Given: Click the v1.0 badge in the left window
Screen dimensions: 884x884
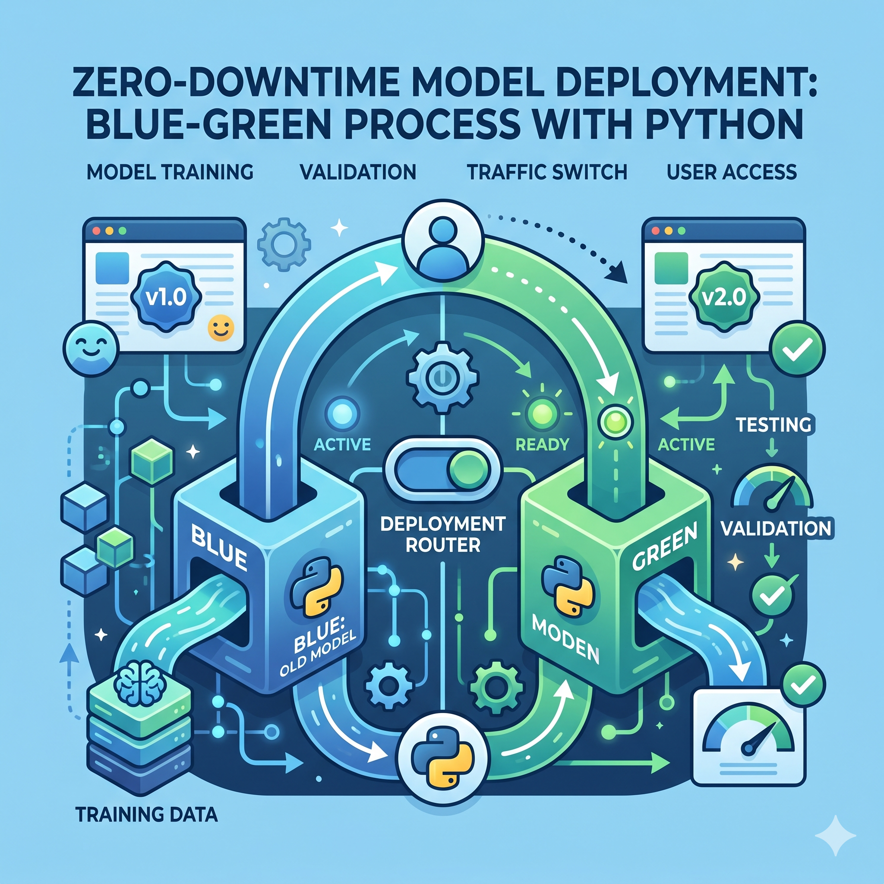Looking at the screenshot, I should (166, 297).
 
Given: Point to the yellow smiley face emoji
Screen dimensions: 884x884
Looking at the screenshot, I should (221, 328).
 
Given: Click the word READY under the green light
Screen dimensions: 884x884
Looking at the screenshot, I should (542, 444).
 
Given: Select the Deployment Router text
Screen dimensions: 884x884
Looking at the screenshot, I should (442, 534).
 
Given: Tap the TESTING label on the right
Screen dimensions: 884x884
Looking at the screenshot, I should (773, 425).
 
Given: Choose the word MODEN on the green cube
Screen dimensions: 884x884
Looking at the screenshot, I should (565, 641).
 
